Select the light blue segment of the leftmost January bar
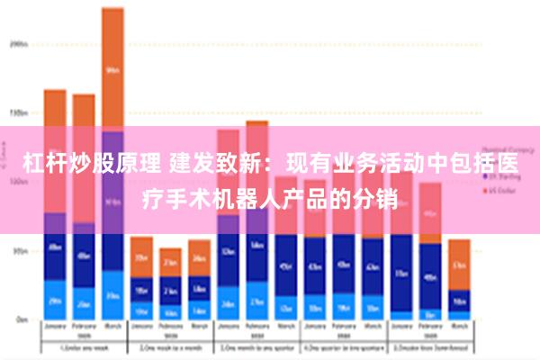[55, 301]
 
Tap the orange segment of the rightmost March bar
[459, 264]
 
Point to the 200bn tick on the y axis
[19, 42]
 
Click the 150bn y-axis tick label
[19, 113]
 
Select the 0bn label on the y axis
[21, 319]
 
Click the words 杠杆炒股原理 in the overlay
[90, 165]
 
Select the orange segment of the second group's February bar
[170, 262]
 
